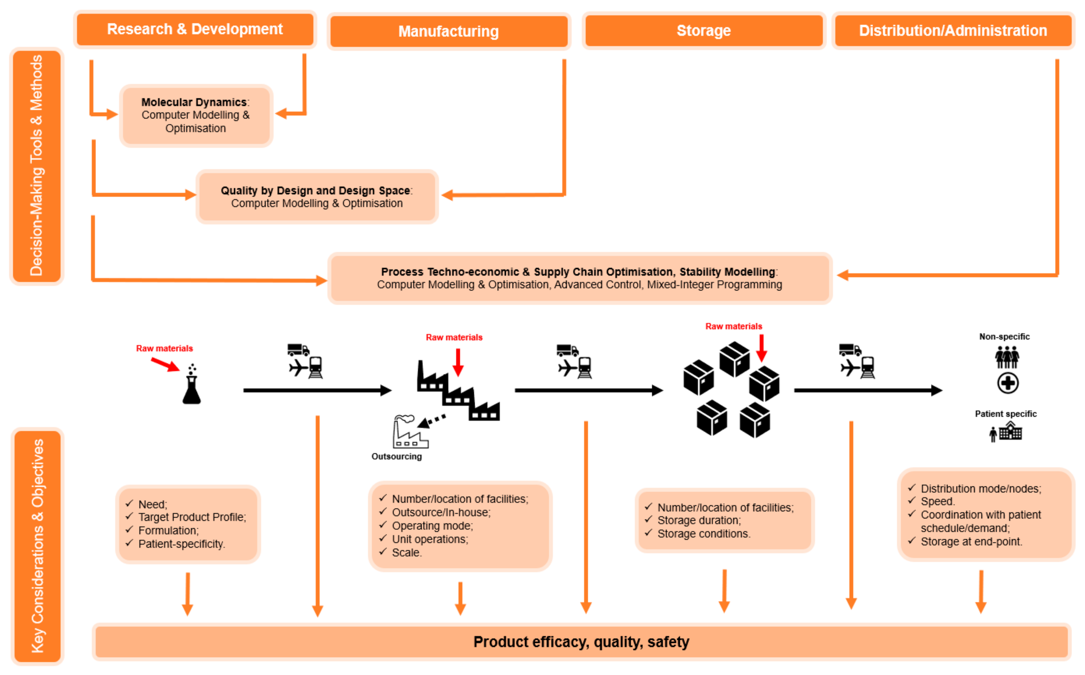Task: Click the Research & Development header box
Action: (x=195, y=30)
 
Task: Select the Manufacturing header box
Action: (x=448, y=31)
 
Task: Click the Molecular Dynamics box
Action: (x=196, y=115)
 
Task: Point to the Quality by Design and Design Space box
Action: (x=317, y=197)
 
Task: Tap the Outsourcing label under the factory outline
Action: (x=396, y=457)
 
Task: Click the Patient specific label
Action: (x=1006, y=414)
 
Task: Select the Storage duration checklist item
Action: (x=699, y=520)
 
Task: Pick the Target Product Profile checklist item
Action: (x=192, y=517)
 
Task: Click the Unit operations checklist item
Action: (x=429, y=539)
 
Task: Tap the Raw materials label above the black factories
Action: (x=454, y=337)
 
